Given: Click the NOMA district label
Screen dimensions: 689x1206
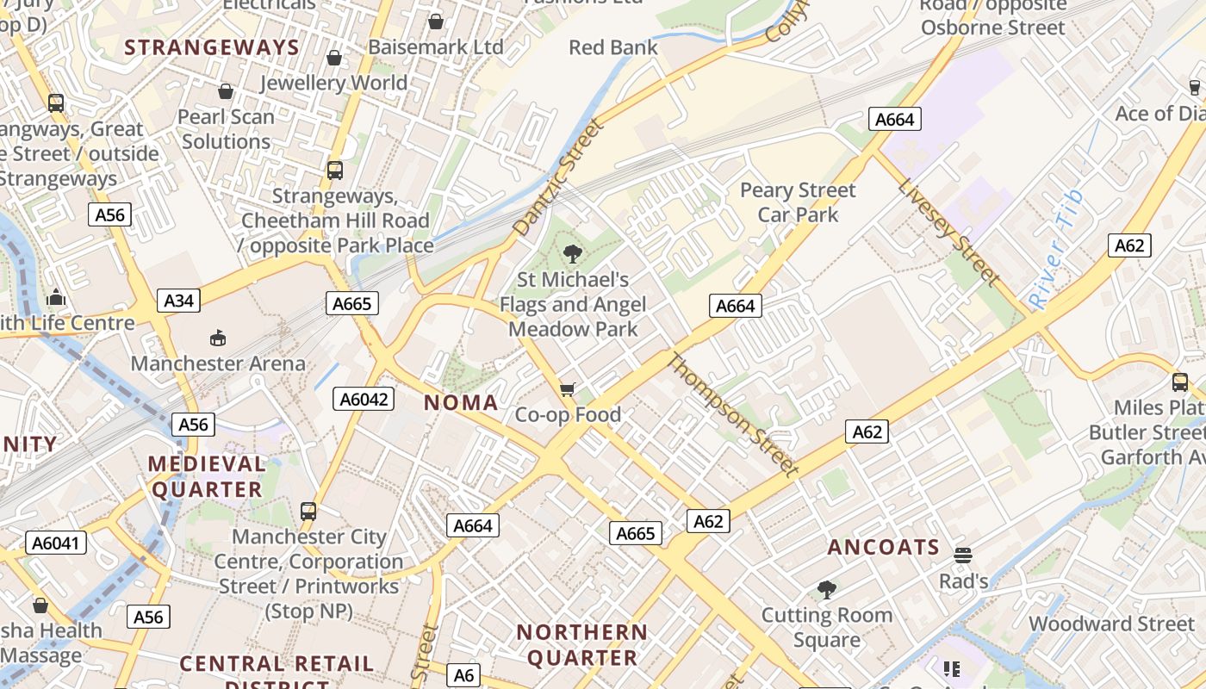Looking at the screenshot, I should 461,402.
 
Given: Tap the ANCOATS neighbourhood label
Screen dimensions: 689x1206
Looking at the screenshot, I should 884,547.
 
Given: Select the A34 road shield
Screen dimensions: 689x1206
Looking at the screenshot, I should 179,301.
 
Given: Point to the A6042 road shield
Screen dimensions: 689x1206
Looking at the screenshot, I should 364,399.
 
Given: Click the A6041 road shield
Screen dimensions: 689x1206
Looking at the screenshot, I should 56,543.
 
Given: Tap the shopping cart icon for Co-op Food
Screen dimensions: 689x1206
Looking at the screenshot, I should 567,390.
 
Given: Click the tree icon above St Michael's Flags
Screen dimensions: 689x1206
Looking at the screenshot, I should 572,254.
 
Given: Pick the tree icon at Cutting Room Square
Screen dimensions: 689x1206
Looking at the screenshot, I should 827,590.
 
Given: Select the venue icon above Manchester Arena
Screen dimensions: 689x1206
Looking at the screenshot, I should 218,338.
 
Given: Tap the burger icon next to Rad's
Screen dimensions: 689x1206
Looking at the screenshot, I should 963,556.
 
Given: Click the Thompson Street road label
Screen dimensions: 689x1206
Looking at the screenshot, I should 733,414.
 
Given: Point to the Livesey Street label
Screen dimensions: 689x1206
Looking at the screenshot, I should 948,231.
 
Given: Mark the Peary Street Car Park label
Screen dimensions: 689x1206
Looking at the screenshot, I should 798,202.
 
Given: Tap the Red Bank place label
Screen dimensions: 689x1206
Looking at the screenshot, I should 612,47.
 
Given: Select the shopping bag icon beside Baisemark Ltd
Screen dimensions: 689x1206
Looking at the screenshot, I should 436,22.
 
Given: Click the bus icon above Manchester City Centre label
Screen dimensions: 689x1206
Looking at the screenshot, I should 308,512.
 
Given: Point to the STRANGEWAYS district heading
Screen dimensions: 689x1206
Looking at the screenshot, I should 212,47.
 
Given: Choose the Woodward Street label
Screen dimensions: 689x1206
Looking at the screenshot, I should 1111,624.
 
